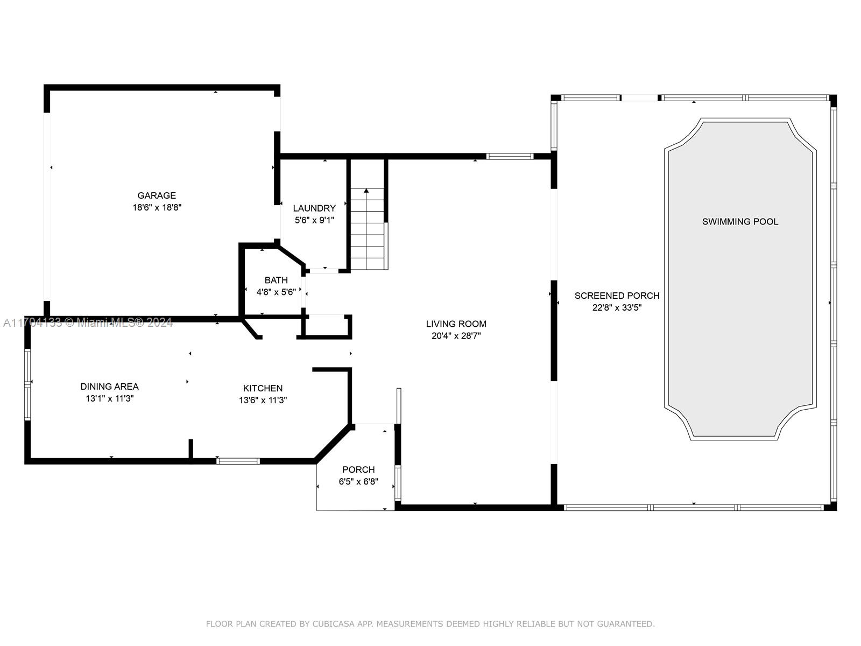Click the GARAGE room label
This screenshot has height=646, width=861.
(x=157, y=195)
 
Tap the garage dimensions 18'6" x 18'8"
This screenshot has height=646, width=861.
(x=157, y=207)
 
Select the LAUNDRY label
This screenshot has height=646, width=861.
(x=314, y=208)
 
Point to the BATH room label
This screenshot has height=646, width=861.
(x=276, y=280)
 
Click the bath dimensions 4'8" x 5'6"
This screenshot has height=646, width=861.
(x=276, y=292)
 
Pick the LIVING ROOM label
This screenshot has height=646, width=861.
(x=456, y=324)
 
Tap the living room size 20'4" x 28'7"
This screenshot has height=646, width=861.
(x=456, y=336)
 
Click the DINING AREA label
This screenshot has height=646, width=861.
(x=109, y=387)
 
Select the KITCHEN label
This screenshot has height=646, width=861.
(x=263, y=388)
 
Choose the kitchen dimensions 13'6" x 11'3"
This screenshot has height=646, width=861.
(x=263, y=400)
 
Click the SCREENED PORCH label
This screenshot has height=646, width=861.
(x=617, y=296)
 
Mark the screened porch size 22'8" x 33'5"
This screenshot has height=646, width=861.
(x=617, y=307)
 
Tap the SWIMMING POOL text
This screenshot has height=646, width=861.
(x=740, y=222)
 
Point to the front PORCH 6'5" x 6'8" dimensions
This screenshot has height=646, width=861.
(x=358, y=481)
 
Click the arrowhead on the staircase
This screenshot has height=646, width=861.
(x=366, y=191)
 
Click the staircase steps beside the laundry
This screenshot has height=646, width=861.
(x=367, y=229)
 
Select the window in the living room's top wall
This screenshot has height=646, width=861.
(x=510, y=156)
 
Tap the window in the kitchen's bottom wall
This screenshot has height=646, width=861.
(x=238, y=461)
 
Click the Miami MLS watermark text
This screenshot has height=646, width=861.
(x=88, y=322)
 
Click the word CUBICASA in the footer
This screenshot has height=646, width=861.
(x=334, y=623)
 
